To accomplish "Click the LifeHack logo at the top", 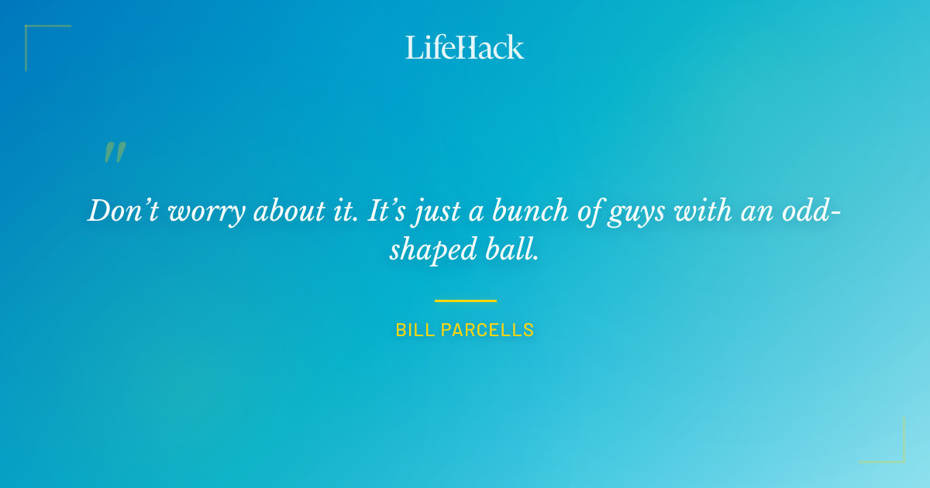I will pyautogui.click(x=465, y=47).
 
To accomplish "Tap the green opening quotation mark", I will pyautogui.click(x=115, y=153).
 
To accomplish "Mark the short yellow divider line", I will pyautogui.click(x=465, y=301).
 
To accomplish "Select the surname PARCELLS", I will pyautogui.click(x=487, y=330).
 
